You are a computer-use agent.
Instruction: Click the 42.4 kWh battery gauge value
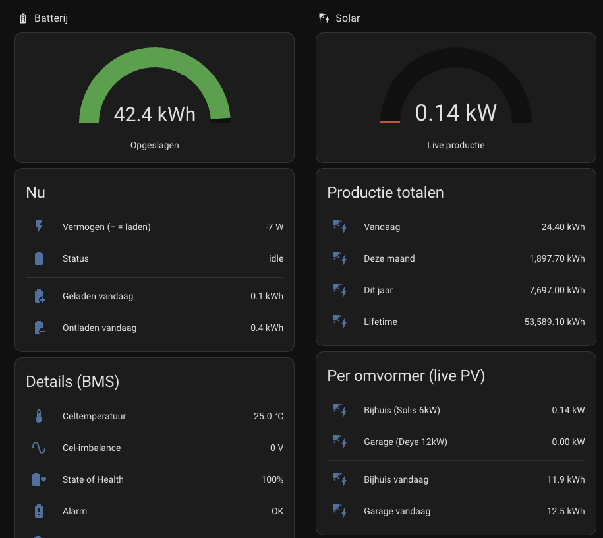[x=155, y=114]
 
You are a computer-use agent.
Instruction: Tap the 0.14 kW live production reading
[x=456, y=113]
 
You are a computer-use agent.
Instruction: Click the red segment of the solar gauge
[x=390, y=122]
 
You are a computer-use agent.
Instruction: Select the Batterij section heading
[x=51, y=18]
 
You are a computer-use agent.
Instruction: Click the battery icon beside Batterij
[x=23, y=18]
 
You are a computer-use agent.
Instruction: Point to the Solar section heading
[x=348, y=18]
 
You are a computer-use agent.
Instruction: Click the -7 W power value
[x=274, y=227]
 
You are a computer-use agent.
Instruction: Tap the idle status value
[x=276, y=258]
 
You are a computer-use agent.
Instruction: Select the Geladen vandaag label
[x=98, y=296]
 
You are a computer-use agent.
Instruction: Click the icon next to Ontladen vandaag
[x=40, y=328]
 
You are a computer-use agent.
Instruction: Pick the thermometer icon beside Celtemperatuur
[x=39, y=416]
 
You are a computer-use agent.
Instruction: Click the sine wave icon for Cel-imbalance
[x=39, y=448]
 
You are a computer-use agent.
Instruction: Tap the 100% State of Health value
[x=272, y=479]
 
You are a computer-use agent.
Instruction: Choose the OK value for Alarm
[x=277, y=511]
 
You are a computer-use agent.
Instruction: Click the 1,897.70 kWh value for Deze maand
[x=557, y=258]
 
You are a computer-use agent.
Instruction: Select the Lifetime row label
[x=380, y=322]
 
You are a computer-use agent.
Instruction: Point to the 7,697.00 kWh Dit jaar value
[x=557, y=290]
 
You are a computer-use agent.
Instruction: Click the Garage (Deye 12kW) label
[x=405, y=442]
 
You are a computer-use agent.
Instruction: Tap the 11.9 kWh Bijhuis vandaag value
[x=565, y=479]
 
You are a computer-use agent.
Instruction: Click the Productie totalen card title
[x=386, y=193]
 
